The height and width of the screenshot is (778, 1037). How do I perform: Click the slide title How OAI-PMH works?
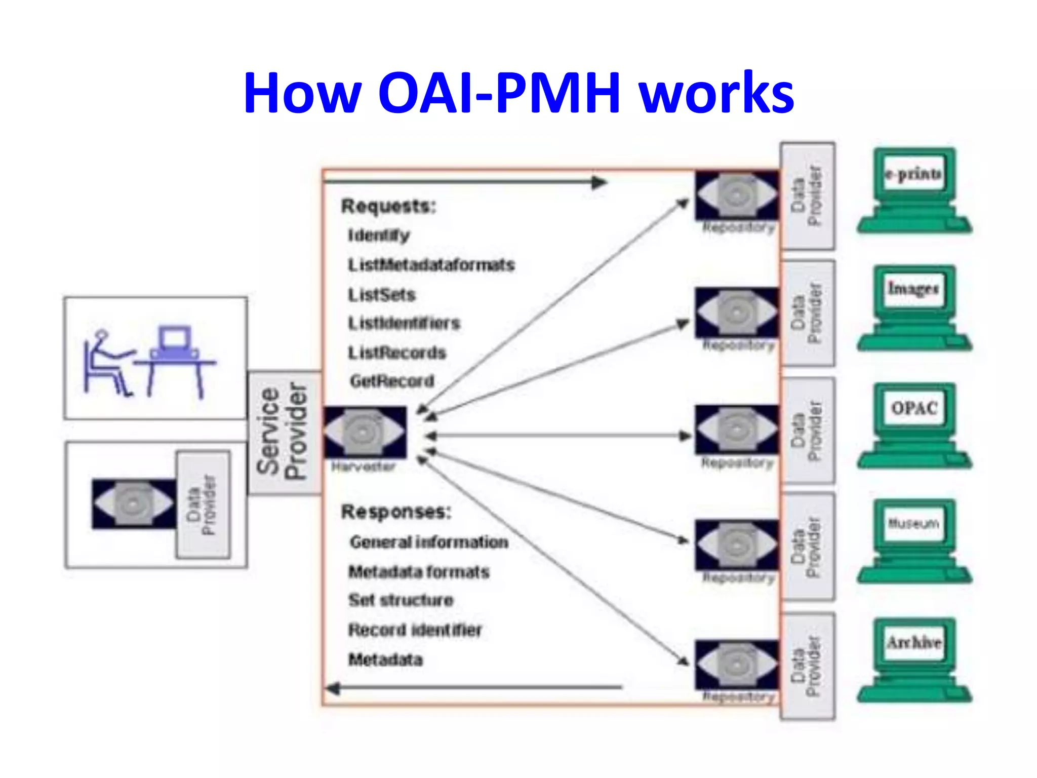(x=518, y=93)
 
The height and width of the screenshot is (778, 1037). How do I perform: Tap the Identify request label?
(x=379, y=236)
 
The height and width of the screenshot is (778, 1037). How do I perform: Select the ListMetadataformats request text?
(x=431, y=265)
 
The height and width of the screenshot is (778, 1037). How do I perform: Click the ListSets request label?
(x=381, y=295)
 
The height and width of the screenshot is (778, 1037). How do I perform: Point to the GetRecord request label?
(x=392, y=381)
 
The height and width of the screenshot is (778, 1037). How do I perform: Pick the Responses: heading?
(x=396, y=512)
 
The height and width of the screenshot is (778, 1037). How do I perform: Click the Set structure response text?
(x=401, y=600)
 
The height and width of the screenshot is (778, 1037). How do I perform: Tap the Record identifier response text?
(x=415, y=630)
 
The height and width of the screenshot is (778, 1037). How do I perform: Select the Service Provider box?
(x=283, y=433)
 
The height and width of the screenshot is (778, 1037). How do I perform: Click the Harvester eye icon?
(x=365, y=433)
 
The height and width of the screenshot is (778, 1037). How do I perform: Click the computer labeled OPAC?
(x=914, y=425)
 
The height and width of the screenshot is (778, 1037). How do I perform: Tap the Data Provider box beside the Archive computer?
(x=808, y=666)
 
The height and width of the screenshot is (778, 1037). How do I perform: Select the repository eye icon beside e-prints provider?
(x=736, y=195)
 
